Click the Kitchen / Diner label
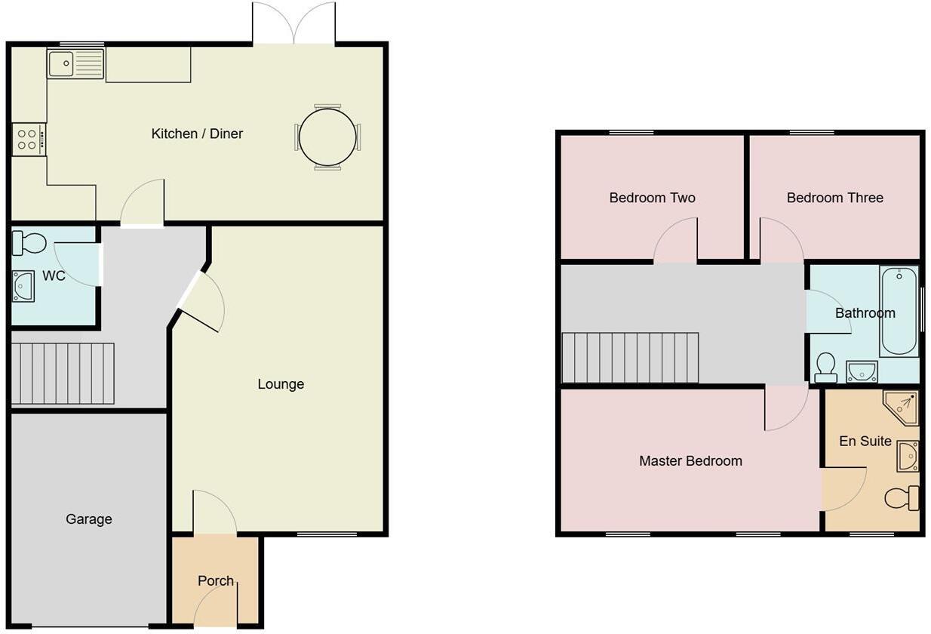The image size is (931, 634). click(197, 134)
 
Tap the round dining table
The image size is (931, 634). click(327, 137)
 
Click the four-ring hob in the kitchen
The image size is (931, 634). click(28, 140)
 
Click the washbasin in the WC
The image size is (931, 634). click(23, 287)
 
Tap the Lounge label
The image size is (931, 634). click(281, 384)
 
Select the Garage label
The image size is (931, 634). click(88, 519)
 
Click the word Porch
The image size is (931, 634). click(216, 581)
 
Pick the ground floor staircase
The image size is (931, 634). click(63, 374)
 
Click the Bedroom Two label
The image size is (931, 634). click(652, 198)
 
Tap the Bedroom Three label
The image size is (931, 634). click(834, 198)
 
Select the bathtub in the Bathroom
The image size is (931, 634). click(899, 311)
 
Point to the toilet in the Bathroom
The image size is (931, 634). click(826, 367)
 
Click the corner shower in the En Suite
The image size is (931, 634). click(904, 407)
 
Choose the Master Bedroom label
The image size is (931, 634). click(690, 460)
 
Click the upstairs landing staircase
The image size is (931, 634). click(630, 358)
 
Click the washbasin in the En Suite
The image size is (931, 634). click(908, 456)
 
